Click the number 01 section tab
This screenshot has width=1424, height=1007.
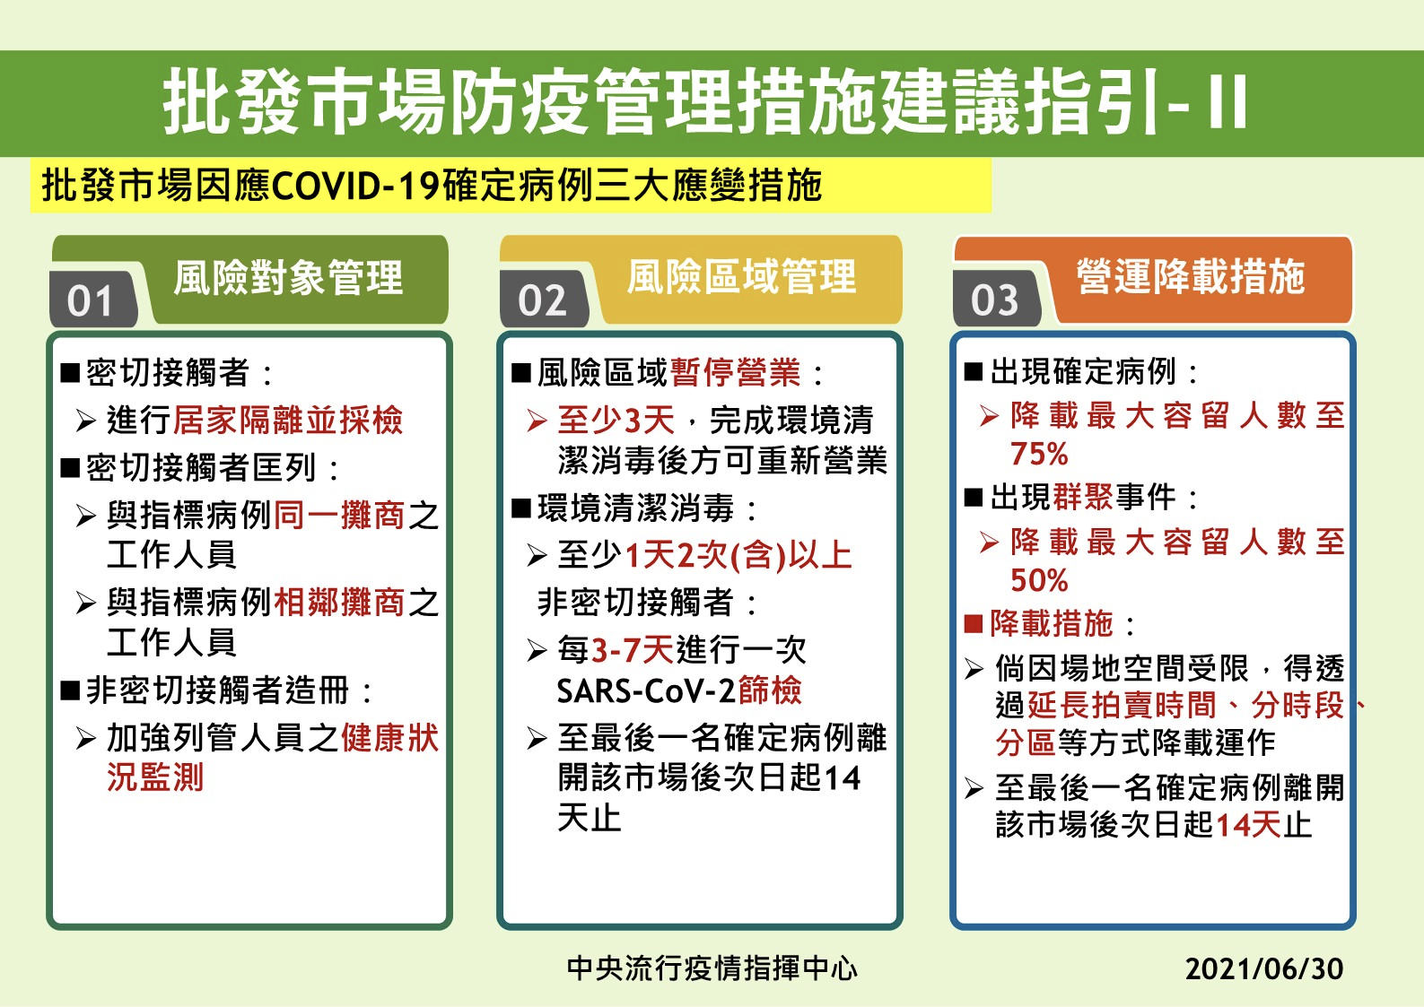coord(93,299)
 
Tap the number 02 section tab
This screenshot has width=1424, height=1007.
coord(544,299)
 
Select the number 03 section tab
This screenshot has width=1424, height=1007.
coord(996,299)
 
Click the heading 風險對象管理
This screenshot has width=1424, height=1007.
coord(289,278)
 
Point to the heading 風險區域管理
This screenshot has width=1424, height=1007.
coord(741,276)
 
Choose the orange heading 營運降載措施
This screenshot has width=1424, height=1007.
coord(1191,276)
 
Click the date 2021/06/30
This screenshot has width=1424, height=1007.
coord(1263,968)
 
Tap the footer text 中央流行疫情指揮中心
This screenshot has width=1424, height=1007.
coord(712,968)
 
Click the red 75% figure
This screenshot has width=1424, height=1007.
coord(1039,454)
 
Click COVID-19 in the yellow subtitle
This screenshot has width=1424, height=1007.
coord(356,186)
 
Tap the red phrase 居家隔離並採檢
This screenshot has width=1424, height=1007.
coord(287,420)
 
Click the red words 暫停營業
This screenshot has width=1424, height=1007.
coord(735,372)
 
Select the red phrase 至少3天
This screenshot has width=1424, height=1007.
coord(616,420)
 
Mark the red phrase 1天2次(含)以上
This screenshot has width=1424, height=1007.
coord(738,555)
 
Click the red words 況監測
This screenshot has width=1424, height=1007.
coord(155,777)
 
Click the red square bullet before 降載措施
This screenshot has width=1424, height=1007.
coord(974,624)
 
